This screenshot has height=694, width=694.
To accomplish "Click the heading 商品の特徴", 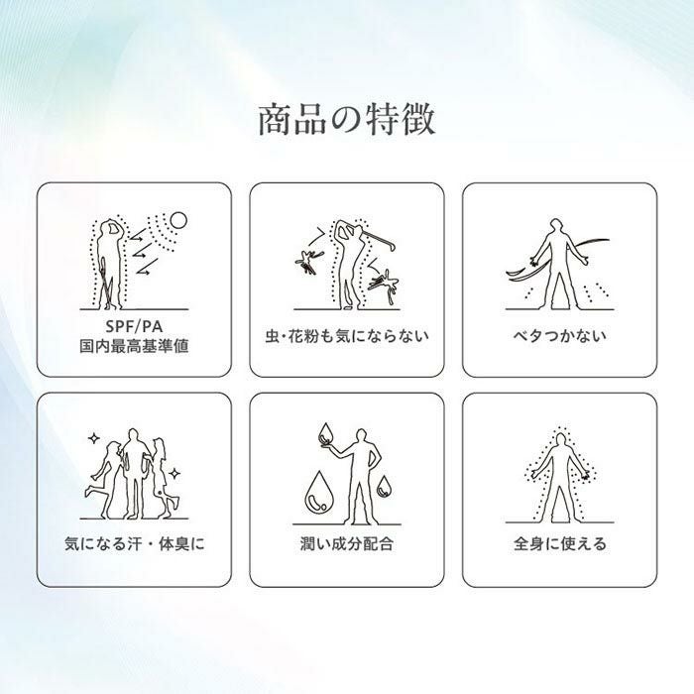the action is pyautogui.click(x=347, y=120).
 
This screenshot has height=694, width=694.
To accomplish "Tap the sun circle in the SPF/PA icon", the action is pyautogui.click(x=178, y=220).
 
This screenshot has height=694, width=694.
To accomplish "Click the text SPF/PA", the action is pyautogui.click(x=134, y=326).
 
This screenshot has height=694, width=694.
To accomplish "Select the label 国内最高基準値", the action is pyautogui.click(x=134, y=346).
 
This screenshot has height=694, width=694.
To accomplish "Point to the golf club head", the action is pyautogui.click(x=391, y=244).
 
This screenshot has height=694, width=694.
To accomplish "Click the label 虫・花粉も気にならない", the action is pyautogui.click(x=347, y=336).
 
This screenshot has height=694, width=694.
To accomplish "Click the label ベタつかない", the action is pyautogui.click(x=559, y=336).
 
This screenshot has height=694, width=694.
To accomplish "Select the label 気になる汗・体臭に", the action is pyautogui.click(x=134, y=543).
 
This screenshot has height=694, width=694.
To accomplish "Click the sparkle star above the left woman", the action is pyautogui.click(x=94, y=438).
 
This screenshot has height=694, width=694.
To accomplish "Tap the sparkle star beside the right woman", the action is pyautogui.click(x=174, y=474).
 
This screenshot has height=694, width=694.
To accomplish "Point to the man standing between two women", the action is pyautogui.click(x=134, y=474).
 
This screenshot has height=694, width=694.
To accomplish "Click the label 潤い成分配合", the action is pyautogui.click(x=347, y=543).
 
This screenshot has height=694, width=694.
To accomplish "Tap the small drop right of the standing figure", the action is pyautogui.click(x=384, y=486).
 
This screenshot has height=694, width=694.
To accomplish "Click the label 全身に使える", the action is pyautogui.click(x=559, y=543).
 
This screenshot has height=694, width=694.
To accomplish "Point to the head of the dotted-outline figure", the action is pyautogui.click(x=561, y=440).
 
